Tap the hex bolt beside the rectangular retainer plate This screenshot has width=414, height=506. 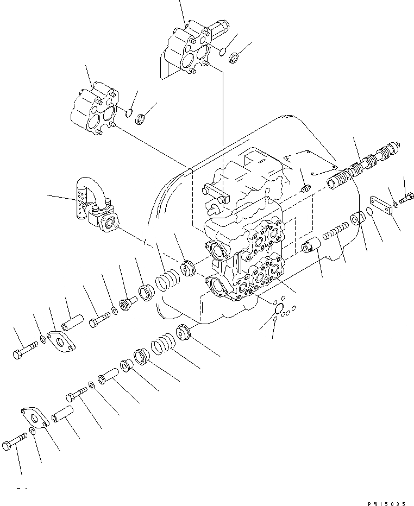pyautogui.click(x=406, y=197)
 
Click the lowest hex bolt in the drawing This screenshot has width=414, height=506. pyautogui.click(x=14, y=447)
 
